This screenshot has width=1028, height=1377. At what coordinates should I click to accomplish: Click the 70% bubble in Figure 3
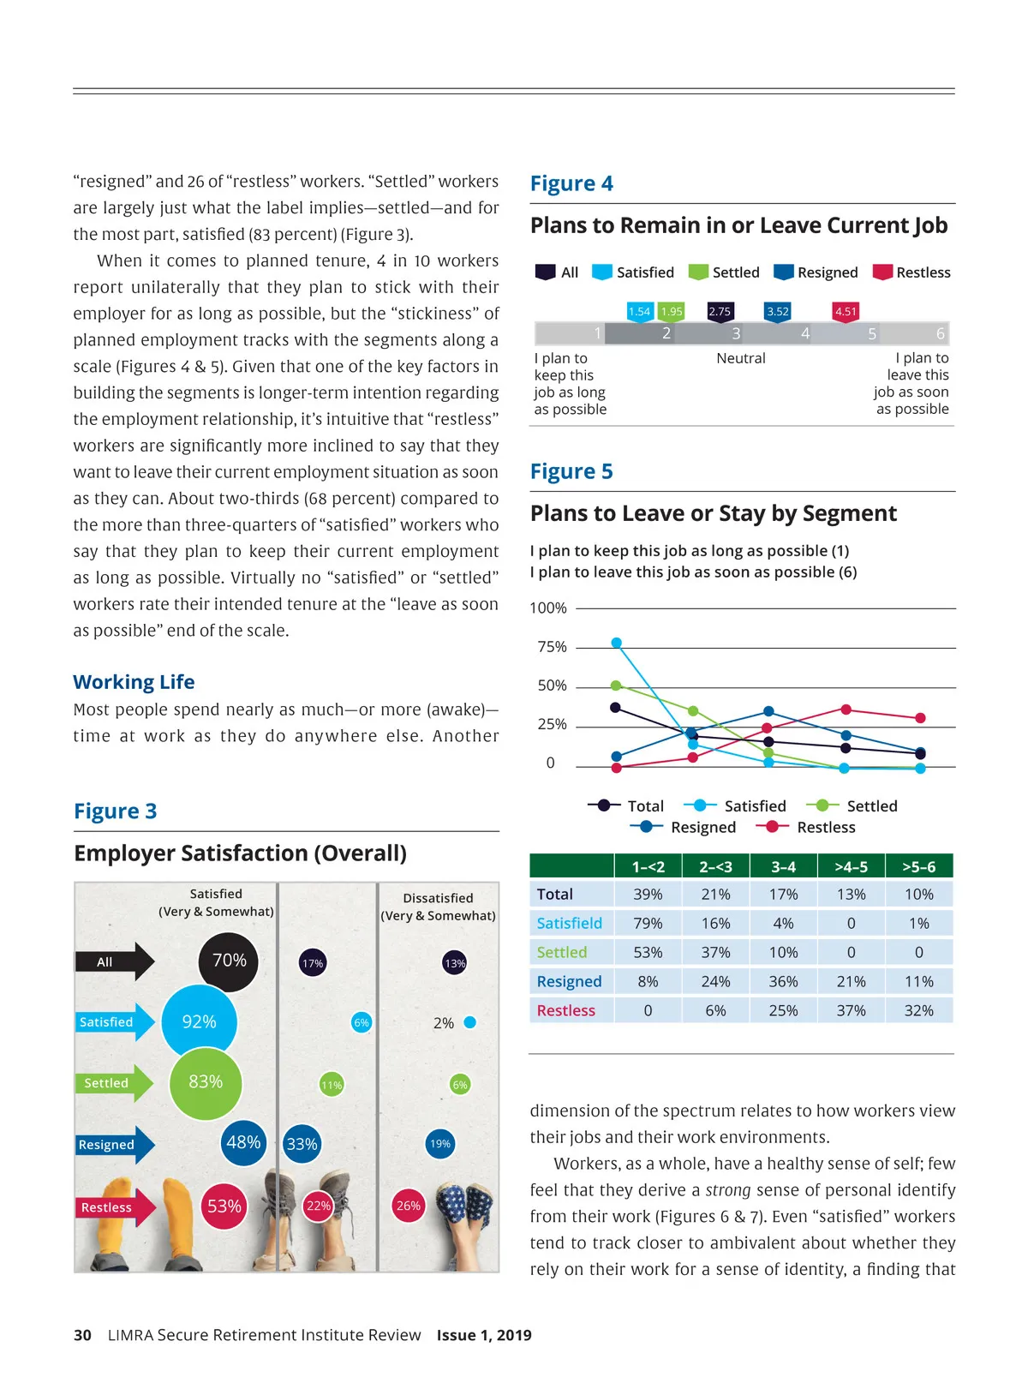229,961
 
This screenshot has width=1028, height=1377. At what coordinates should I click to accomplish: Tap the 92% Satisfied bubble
199,1021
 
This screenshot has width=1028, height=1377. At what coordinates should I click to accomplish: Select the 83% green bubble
206,1082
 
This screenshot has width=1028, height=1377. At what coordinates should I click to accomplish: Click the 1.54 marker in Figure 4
640,312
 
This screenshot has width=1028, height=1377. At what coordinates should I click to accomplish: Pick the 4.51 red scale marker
846,312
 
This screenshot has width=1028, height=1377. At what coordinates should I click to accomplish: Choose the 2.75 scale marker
720,312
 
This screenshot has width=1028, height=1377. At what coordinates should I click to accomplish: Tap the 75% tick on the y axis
553,647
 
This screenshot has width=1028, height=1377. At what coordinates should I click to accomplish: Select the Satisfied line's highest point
616,643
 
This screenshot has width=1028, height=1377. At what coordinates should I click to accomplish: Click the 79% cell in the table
648,923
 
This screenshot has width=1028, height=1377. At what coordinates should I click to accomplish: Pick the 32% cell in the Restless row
918,1010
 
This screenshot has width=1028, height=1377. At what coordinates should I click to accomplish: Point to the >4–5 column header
851,866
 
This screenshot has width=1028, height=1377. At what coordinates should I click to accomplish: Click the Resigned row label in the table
569,981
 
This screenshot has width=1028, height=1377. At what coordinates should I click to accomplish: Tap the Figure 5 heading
571,471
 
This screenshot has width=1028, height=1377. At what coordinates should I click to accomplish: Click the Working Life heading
134,682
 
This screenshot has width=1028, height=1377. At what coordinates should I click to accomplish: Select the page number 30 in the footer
82,1335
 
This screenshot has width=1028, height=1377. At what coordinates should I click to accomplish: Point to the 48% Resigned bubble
243,1142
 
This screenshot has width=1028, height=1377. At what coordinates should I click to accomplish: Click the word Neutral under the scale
741,358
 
